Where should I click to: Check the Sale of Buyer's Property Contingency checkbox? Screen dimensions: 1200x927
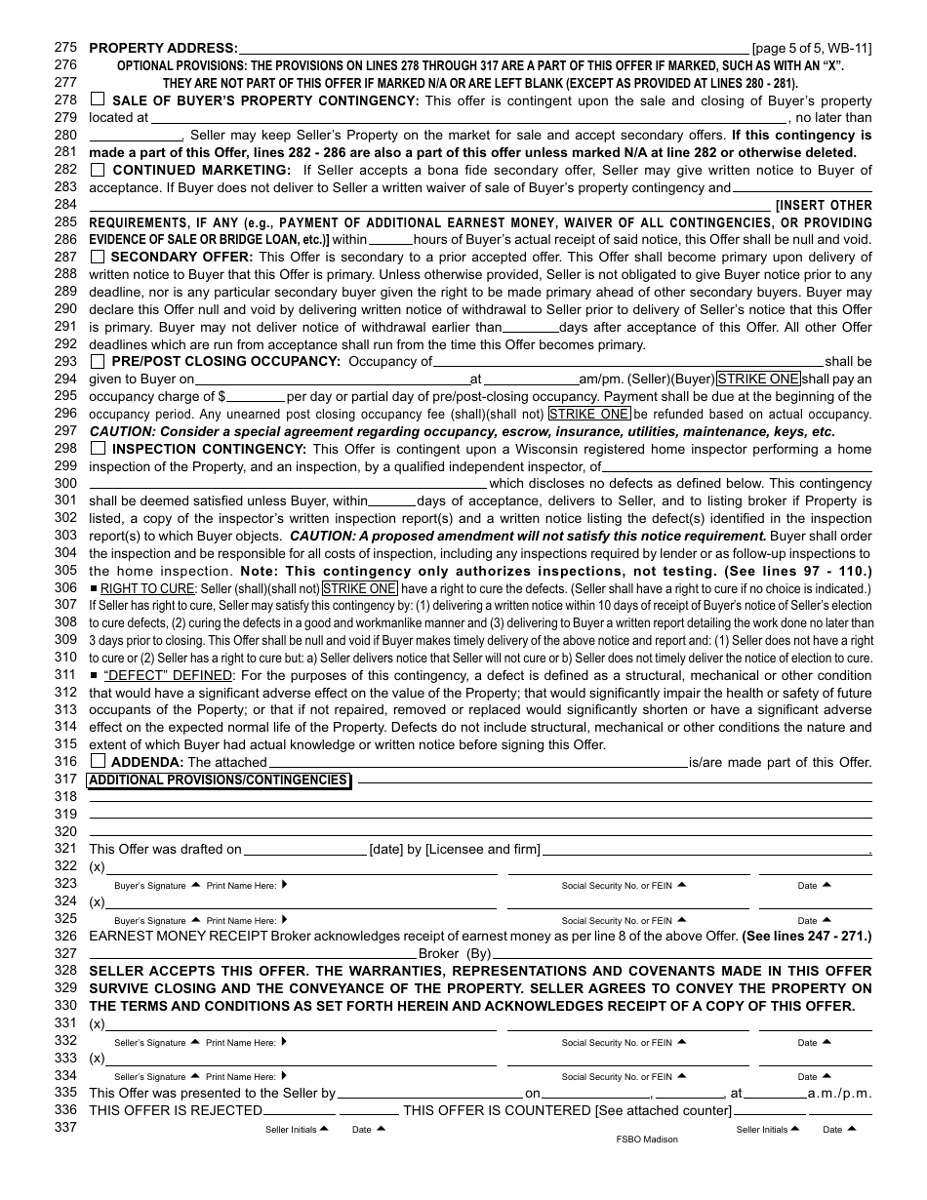pyautogui.click(x=98, y=100)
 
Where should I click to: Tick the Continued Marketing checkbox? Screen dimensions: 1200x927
pyautogui.click(x=98, y=170)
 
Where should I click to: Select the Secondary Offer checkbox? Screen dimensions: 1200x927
pyautogui.click(x=98, y=257)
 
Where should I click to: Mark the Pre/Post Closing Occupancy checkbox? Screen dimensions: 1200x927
pyautogui.click(x=98, y=361)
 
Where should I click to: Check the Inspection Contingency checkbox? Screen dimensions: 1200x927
pyautogui.click(x=98, y=449)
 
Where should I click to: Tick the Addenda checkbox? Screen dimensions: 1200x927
pyautogui.click(x=98, y=761)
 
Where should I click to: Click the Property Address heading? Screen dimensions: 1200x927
pyautogui.click(x=163, y=48)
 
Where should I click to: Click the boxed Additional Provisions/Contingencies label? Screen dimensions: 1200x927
pyautogui.click(x=219, y=780)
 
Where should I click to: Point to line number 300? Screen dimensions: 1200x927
pyautogui.click(x=65, y=483)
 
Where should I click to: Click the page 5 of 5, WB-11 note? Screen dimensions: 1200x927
pyautogui.click(x=812, y=48)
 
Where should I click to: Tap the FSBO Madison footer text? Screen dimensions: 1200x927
pyautogui.click(x=647, y=1139)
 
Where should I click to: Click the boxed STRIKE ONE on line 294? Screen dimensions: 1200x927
pyautogui.click(x=758, y=379)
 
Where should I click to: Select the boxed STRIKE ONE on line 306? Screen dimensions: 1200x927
pyautogui.click(x=360, y=588)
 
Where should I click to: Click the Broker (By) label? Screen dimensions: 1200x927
pyautogui.click(x=455, y=953)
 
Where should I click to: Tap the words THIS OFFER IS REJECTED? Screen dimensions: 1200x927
pyautogui.click(x=176, y=1110)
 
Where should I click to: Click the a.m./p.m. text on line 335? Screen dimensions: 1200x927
pyautogui.click(x=839, y=1094)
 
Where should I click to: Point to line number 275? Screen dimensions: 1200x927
pyautogui.click(x=65, y=48)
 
